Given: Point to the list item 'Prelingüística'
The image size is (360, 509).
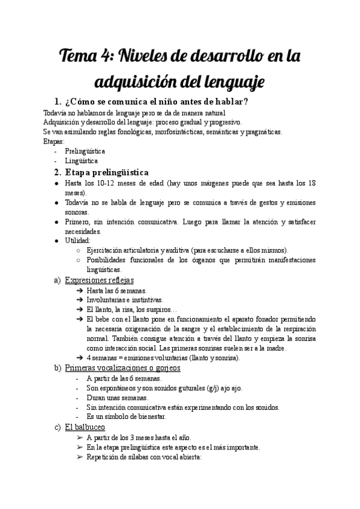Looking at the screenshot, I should point(85,151).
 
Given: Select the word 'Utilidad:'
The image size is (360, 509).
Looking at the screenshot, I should point(79,240).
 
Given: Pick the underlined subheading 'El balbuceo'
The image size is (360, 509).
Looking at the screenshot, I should point(85,427).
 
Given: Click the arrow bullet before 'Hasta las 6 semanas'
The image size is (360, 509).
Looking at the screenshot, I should point(80,291).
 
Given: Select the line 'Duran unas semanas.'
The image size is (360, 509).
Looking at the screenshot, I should point(117,397).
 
